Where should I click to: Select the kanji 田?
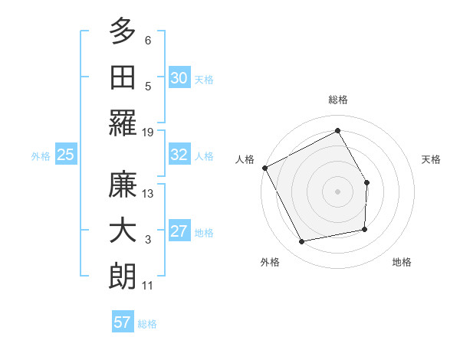tap(123, 77)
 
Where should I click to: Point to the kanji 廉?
tap(123, 186)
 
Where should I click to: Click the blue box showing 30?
tap(179, 77)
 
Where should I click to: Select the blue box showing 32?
tap(179, 155)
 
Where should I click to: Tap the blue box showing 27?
tap(179, 231)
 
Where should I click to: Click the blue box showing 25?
tap(66, 155)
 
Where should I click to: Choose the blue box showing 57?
tap(123, 322)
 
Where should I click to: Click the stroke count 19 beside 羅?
tap(148, 132)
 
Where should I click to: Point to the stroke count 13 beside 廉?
tap(148, 194)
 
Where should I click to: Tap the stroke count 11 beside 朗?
tap(148, 286)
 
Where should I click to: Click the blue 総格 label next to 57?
tap(147, 324)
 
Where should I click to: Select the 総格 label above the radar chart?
tap(337, 100)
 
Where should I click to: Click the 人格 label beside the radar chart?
tap(245, 159)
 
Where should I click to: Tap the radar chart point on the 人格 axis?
tap(265, 168)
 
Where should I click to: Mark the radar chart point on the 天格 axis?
tap(366, 182)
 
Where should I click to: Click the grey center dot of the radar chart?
tap(337, 191)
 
